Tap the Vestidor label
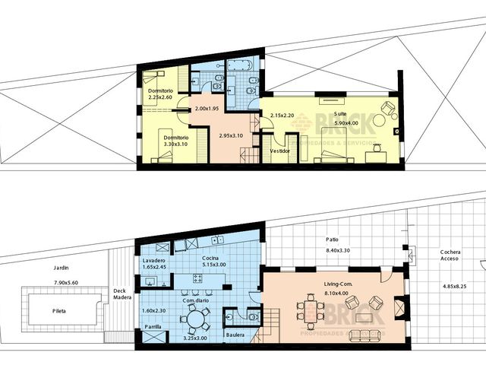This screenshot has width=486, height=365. click(x=280, y=151)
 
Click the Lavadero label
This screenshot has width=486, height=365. click(x=154, y=261)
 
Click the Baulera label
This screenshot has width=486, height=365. click(x=235, y=334)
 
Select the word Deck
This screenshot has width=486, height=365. click(x=119, y=290)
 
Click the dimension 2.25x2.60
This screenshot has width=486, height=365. click(x=161, y=97)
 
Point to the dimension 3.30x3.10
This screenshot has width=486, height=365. click(x=174, y=143)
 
